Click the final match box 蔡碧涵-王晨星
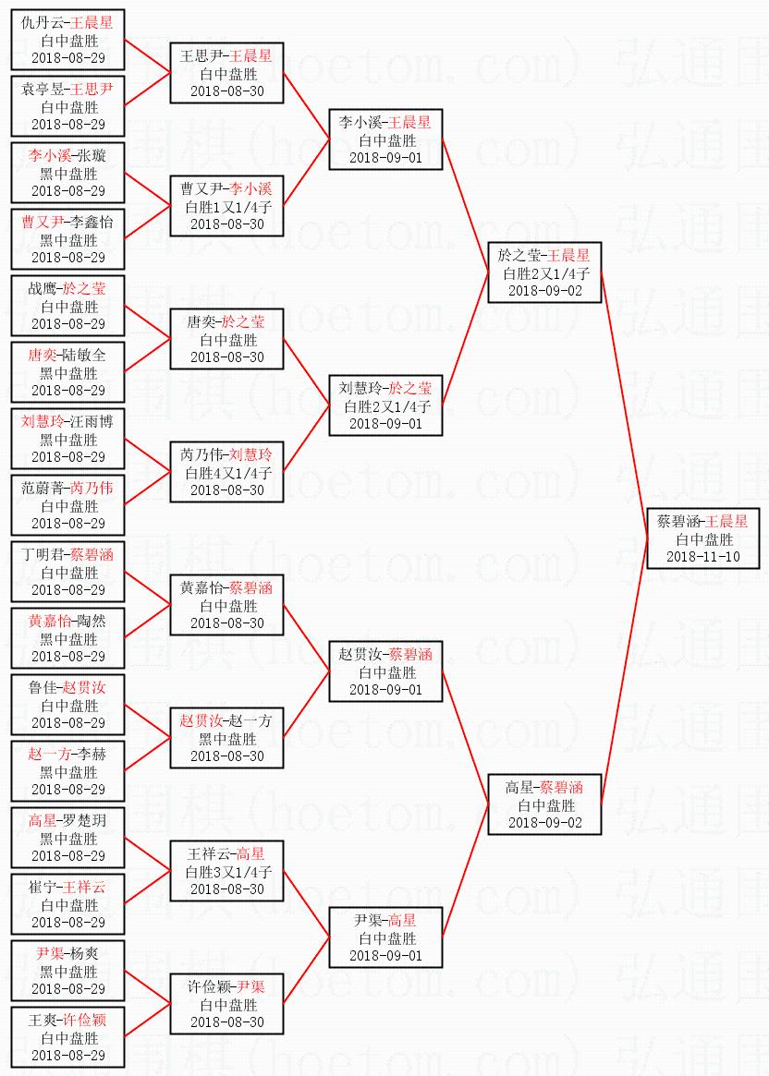pos(703,538)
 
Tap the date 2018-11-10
pos(703,556)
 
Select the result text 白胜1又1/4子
pos(226,206)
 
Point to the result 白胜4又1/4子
pos(226,472)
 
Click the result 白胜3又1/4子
pos(226,871)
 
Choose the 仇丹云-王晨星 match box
pos(68,40)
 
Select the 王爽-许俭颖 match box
pos(68,1037)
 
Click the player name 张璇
pos(92,156)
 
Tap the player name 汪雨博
pos(93,422)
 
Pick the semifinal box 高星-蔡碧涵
pos(544,804)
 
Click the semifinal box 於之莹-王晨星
pos(544,272)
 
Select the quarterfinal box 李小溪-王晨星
pos(385,139)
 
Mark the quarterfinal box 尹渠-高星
pos(385,937)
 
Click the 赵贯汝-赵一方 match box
pos(226,738)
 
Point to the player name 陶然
pos(92,622)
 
